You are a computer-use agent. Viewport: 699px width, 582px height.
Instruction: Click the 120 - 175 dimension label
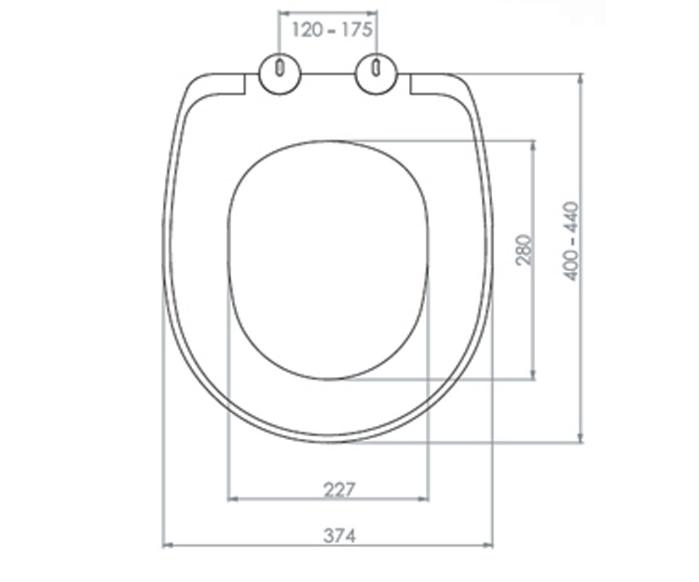[332, 30]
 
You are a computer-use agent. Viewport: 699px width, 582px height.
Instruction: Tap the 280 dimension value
[524, 250]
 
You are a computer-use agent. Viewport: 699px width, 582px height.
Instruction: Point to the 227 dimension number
[339, 489]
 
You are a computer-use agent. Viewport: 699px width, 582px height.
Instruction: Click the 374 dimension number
[340, 535]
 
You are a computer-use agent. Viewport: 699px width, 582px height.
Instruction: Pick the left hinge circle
[280, 74]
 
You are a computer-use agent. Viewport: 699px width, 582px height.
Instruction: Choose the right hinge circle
[376, 74]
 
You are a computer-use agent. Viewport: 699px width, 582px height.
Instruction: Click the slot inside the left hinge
[280, 68]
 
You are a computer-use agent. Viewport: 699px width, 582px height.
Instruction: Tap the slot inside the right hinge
[376, 68]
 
